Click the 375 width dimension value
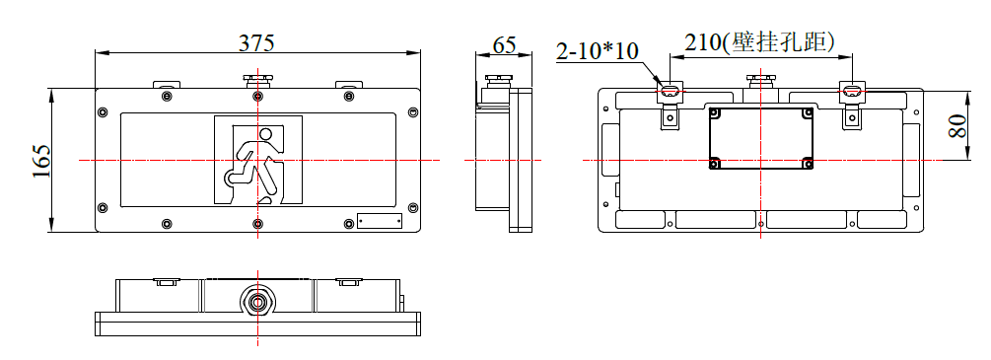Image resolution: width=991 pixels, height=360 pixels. (256, 42)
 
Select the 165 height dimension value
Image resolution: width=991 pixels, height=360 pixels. (41, 161)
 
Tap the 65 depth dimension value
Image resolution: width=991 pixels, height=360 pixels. (504, 45)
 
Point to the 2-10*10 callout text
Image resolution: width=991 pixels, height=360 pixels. (598, 51)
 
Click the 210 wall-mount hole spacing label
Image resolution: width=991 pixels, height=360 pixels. (759, 42)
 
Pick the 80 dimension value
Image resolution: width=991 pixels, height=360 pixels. (958, 126)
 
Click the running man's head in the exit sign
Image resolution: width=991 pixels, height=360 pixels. (266, 134)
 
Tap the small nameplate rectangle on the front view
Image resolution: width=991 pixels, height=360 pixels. (380, 220)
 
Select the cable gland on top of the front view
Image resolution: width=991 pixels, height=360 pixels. (258, 80)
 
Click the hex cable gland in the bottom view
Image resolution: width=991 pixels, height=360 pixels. (258, 301)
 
